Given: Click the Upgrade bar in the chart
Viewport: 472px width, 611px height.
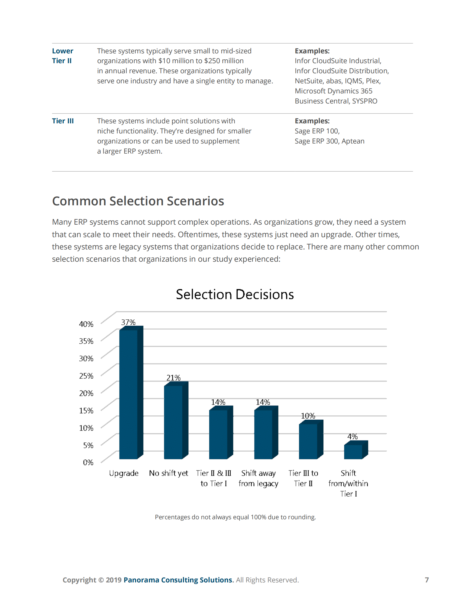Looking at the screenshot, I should (128, 395).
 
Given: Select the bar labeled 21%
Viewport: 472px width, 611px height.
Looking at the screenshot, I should (173, 422).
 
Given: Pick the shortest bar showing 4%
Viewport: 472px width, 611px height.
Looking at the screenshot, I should (353, 452).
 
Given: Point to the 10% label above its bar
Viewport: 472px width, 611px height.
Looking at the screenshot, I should (308, 416).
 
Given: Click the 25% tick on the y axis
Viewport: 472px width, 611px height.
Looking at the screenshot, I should (86, 376).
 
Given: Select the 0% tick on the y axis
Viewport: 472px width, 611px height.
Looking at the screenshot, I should (88, 462).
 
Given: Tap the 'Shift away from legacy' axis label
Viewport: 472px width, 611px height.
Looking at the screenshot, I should (258, 478).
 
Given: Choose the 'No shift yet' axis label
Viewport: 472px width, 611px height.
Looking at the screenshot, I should (168, 473).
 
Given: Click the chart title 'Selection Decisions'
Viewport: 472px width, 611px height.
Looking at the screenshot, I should (235, 295).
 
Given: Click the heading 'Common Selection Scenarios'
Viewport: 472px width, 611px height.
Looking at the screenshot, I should (138, 201).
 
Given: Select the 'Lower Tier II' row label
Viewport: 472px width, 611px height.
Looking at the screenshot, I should (62, 56).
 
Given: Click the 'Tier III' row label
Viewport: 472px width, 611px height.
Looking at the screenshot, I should (63, 121).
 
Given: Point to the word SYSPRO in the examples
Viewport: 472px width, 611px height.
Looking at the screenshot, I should (365, 101).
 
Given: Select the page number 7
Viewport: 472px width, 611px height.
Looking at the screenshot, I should (427, 580).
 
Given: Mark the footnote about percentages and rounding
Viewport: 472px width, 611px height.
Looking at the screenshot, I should (235, 517).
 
